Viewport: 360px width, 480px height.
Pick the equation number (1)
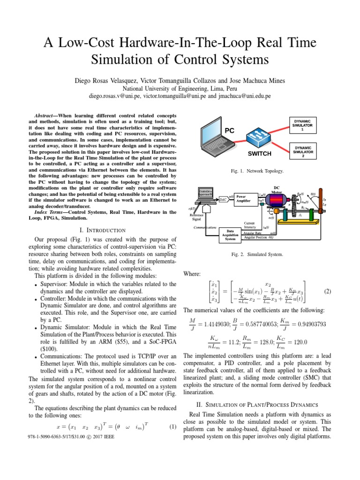(x=172, y=427)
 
